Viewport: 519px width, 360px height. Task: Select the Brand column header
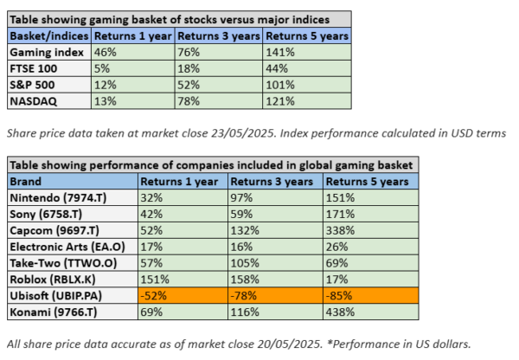click(27, 183)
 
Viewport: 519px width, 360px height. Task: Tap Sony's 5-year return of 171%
click(338, 215)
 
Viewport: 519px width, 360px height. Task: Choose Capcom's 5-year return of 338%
click(338, 232)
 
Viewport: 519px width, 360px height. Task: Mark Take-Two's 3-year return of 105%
click(247, 265)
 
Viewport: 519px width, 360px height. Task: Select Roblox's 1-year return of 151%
click(157, 281)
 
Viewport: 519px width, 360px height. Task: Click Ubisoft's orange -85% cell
click(338, 298)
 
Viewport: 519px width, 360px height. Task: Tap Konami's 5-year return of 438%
click(338, 314)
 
